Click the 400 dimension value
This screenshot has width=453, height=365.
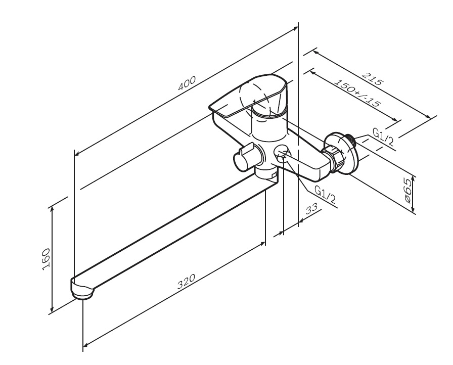point(187,84)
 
